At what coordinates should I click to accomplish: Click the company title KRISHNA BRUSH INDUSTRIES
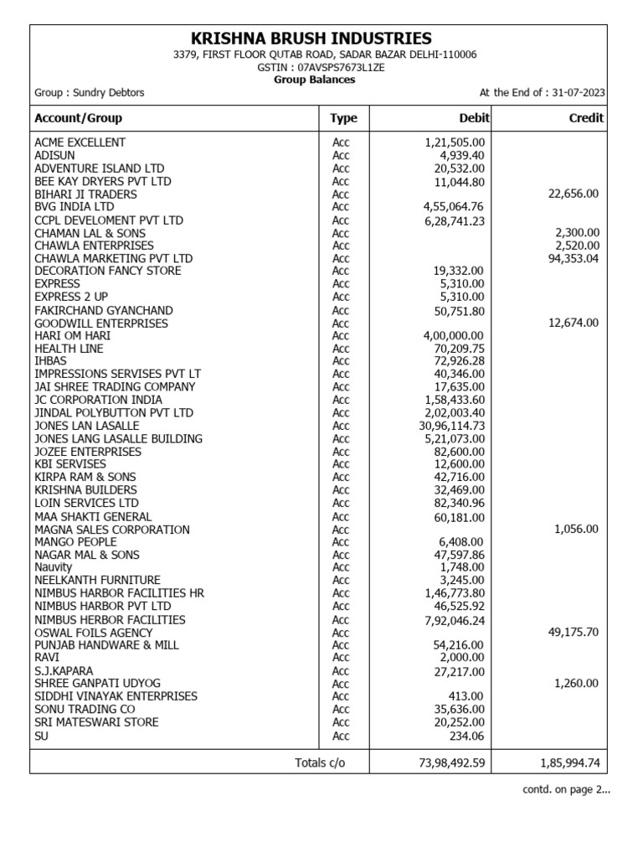tap(311, 39)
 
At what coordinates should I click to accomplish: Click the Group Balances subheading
tap(315, 80)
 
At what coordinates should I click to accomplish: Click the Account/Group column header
tap(78, 118)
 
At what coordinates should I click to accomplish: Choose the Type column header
tap(343, 118)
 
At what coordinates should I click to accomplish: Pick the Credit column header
tap(585, 118)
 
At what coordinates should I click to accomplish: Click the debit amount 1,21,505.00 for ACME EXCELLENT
tap(455, 142)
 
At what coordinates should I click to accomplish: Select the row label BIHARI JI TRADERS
tap(85, 194)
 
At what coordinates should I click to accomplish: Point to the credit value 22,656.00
tap(571, 194)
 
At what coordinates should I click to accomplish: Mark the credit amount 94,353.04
tap(571, 259)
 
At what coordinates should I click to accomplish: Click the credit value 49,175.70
tap(573, 633)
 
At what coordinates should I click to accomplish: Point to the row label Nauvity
tap(54, 567)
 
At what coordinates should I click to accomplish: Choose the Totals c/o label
tap(319, 762)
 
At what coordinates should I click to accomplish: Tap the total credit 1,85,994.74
tap(567, 762)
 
